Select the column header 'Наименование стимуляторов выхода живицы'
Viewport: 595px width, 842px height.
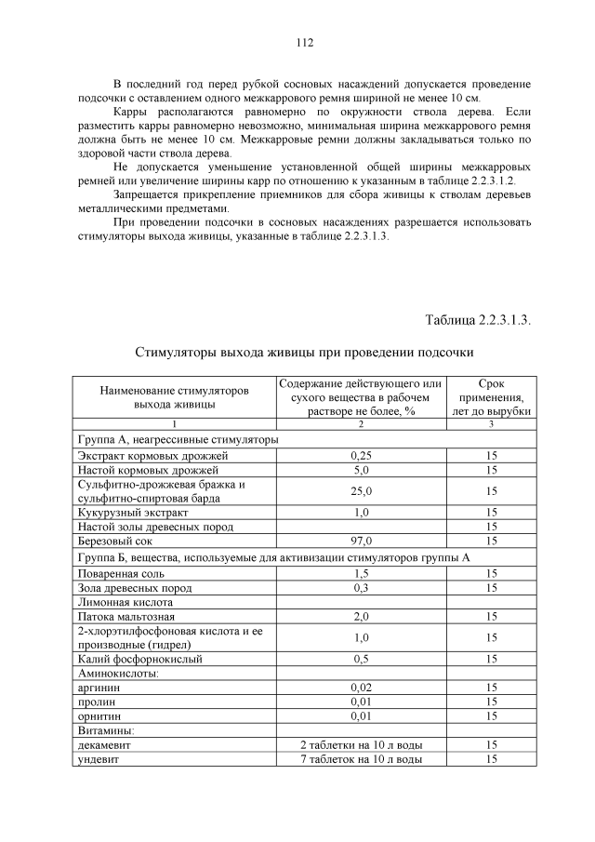point(175,397)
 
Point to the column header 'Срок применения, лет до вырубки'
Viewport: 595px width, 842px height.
point(491,397)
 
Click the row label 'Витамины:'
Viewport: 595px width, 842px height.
point(105,731)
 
